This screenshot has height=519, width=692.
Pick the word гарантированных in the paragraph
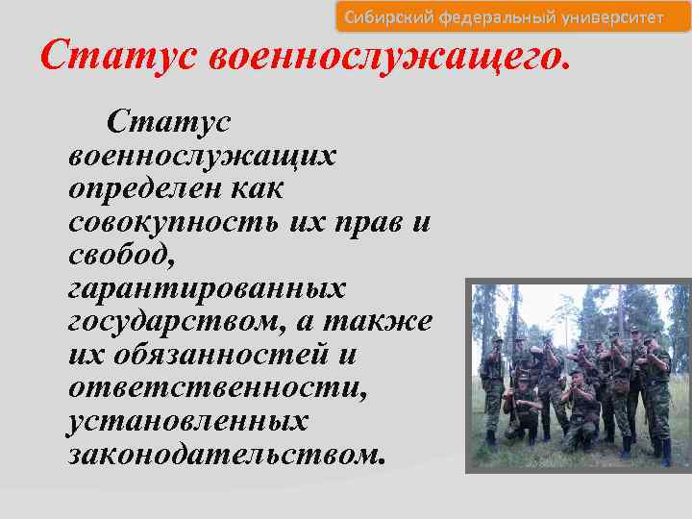(208, 287)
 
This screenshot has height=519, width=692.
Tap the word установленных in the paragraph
(188, 420)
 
